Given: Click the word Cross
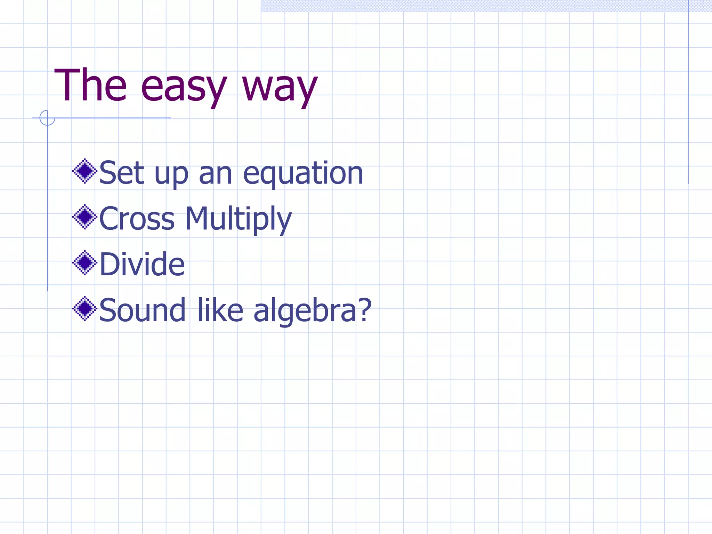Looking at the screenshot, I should click(137, 219).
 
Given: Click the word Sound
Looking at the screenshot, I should click(142, 310).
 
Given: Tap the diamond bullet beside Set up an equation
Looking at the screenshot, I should click(84, 171).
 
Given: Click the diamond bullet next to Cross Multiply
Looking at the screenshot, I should click(84, 217).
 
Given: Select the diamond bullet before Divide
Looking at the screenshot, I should click(84, 262).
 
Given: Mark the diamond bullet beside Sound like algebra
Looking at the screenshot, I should click(84, 308).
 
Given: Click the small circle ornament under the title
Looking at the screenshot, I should click(47, 118).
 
